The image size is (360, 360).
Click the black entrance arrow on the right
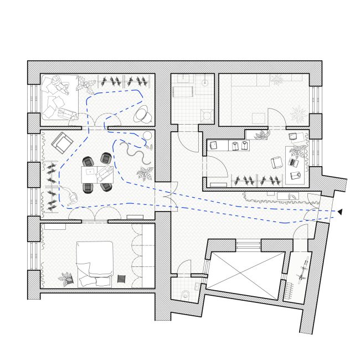click(x=340, y=212)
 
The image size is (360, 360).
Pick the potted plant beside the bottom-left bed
click(x=68, y=279)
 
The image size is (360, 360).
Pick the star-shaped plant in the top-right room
click(x=297, y=114)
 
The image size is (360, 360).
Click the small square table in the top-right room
click(x=258, y=117)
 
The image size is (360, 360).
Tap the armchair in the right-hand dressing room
click(x=276, y=163)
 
